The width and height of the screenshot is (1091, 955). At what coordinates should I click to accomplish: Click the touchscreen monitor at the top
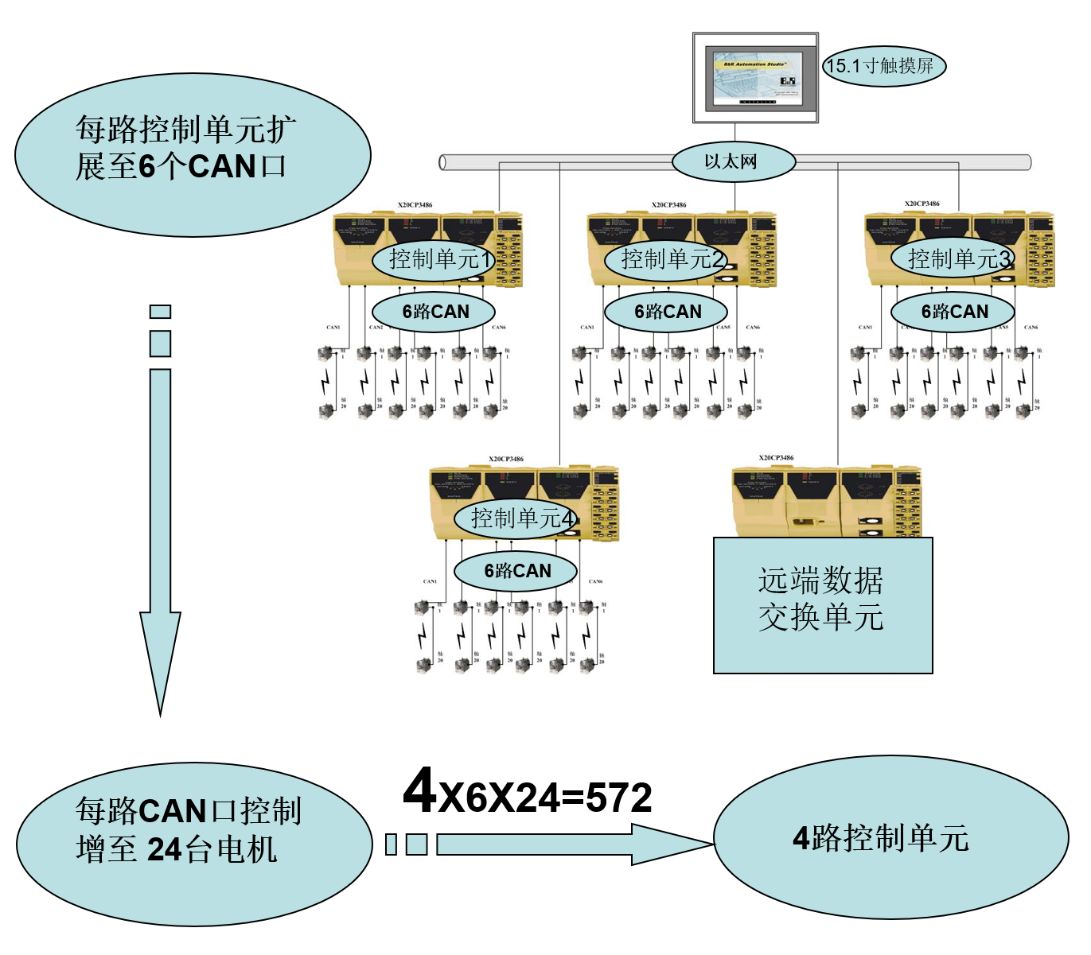pos(754,77)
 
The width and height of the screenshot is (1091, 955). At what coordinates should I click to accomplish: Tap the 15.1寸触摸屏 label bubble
pos(883,66)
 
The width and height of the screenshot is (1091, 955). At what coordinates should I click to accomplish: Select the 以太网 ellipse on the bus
pos(733,161)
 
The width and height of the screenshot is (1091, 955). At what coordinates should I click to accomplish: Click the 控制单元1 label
pos(434,259)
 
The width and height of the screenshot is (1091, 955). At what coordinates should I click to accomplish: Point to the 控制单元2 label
pos(667,259)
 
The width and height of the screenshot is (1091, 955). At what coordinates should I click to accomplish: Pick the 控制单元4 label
pos(516,518)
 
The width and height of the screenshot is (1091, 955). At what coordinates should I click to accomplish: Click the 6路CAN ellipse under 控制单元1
pos(434,312)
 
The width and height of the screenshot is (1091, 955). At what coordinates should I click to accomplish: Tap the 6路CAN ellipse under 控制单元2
pos(667,312)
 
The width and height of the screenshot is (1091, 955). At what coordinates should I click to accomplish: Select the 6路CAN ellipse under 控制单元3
pos(953,312)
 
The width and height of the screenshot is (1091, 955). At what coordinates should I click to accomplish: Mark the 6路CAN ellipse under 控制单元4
pos(516,571)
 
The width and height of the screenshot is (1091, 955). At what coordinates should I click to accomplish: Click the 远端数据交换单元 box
pos(822,605)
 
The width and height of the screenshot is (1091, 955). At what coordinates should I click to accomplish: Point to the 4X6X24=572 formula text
pos(527,793)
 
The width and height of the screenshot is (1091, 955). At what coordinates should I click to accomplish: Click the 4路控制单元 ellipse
pos(890,837)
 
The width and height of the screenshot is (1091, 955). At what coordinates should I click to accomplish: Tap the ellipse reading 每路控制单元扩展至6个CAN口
pos(193,155)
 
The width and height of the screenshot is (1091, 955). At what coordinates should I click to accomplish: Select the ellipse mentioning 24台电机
pos(193,844)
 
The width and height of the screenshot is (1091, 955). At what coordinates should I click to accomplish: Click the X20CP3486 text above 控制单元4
pos(506,459)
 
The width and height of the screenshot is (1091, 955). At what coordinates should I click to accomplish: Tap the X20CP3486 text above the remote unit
pos(776,458)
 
